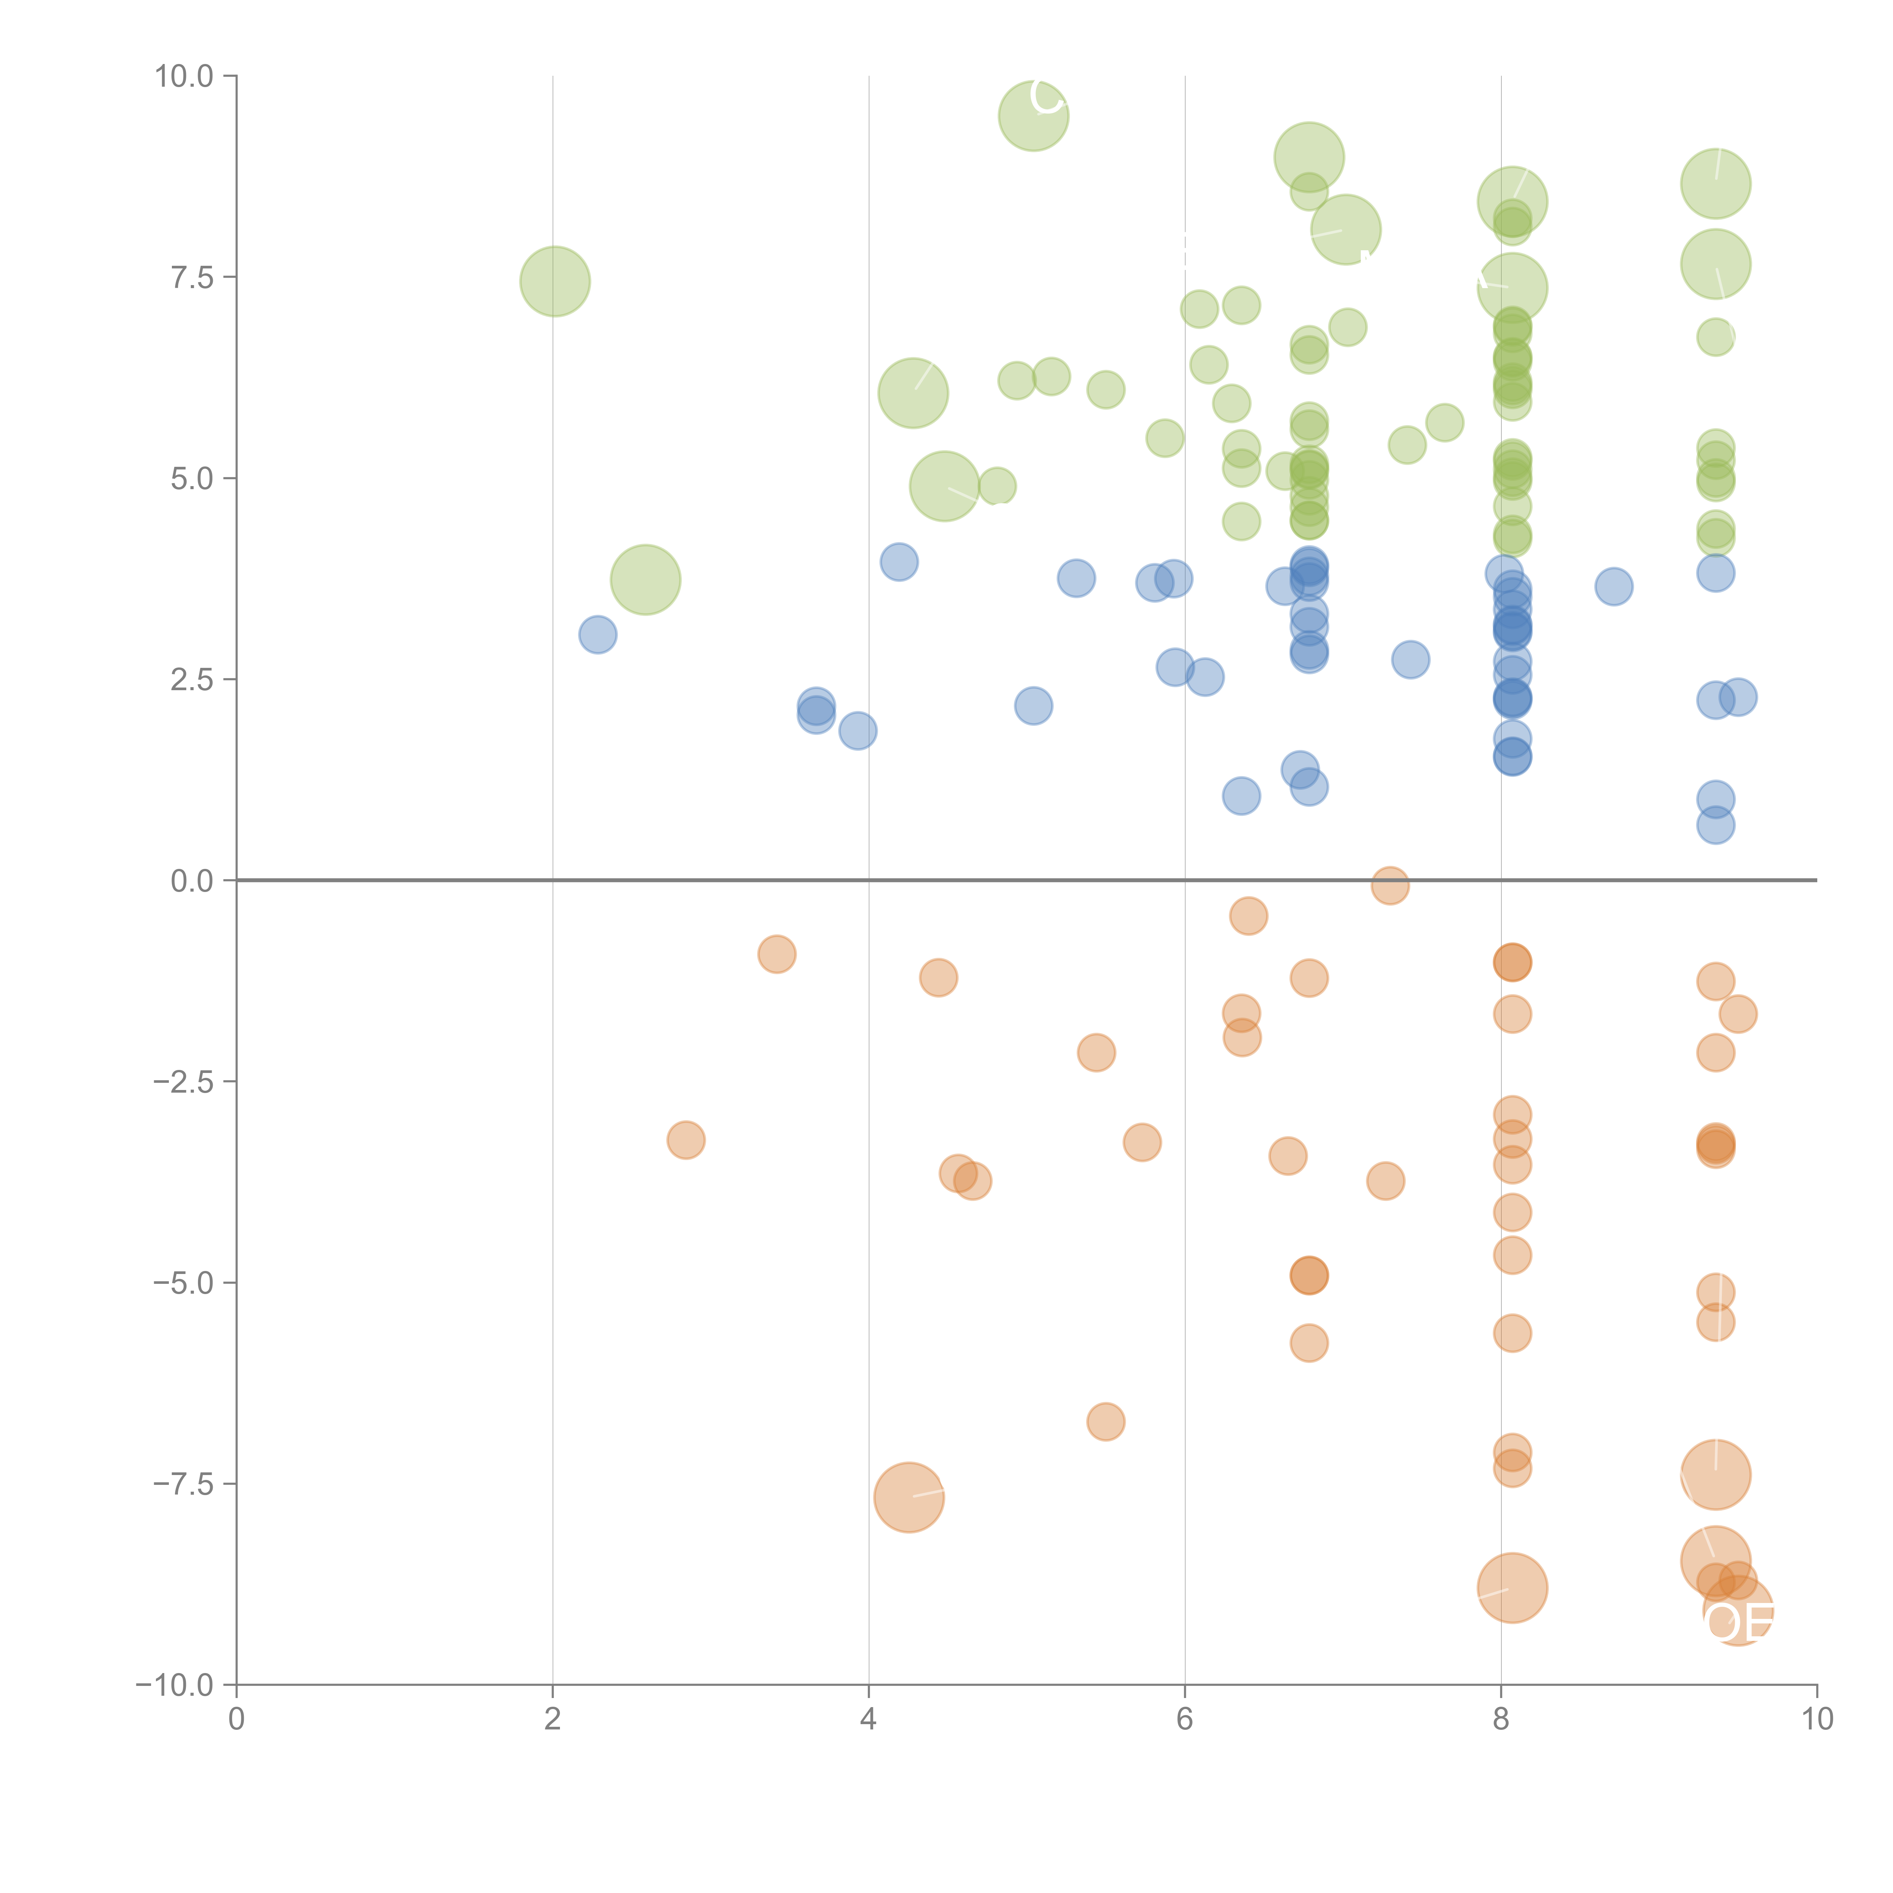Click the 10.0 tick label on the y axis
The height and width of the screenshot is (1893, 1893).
point(184,76)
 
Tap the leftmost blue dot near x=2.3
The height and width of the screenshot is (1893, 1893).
point(598,635)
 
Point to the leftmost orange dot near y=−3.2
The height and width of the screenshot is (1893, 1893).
point(686,1140)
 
